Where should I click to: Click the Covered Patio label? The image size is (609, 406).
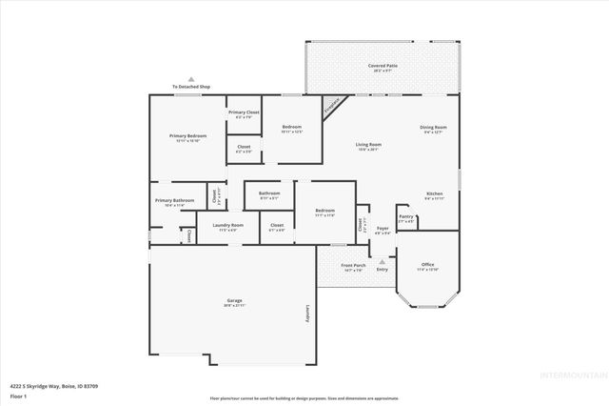pos(383,67)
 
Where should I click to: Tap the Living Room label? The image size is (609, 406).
pos(368,145)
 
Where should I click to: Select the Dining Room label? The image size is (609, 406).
pos(433,128)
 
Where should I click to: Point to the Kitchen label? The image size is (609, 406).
pos(434,193)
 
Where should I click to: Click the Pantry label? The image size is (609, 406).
pos(406,217)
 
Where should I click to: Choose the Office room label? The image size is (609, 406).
pos(427,265)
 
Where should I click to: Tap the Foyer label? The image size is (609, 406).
pos(382,229)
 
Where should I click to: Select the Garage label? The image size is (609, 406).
pos(233,301)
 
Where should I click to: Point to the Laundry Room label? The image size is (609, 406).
pos(231,226)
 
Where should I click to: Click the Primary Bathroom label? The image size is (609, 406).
pos(175,200)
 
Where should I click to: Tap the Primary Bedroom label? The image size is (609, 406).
pos(187,136)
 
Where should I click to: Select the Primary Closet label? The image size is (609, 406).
pos(244,112)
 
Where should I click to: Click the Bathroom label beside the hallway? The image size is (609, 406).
pos(269,193)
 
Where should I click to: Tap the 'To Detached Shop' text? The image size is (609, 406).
pos(191,87)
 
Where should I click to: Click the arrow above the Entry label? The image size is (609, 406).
pos(383,260)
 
